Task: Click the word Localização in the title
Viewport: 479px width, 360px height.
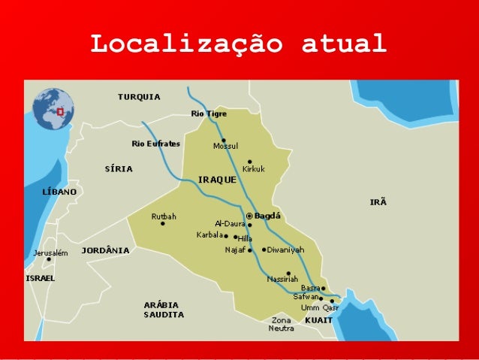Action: pos(186,44)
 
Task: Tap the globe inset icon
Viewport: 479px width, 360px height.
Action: pos(53,109)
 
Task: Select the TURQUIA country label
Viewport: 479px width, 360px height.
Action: pos(139,97)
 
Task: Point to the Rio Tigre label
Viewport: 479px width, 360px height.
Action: pos(209,113)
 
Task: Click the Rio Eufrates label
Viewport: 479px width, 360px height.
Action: pos(155,144)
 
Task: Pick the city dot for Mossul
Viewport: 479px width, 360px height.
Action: pos(223,140)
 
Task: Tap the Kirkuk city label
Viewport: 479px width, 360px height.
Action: pos(253,169)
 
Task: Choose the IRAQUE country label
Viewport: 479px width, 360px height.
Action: pos(218,180)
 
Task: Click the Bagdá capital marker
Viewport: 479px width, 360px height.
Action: pos(250,216)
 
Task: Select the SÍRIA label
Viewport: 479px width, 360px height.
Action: pos(119,169)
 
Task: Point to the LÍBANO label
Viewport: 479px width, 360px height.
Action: pos(59,192)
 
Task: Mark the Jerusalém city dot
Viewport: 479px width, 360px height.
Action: pos(49,260)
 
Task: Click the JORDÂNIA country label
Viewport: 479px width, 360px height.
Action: pos(105,250)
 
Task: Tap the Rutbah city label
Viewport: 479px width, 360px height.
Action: pos(164,216)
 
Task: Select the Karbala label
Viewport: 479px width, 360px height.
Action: pos(209,234)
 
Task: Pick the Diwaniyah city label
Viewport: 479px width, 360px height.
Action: pos(286,250)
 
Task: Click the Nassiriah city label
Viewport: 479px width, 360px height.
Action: pos(283,279)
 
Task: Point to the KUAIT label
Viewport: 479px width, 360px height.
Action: pos(319,320)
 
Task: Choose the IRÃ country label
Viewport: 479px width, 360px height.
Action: pos(378,202)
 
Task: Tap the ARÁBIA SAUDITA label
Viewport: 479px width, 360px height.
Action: pos(164,310)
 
